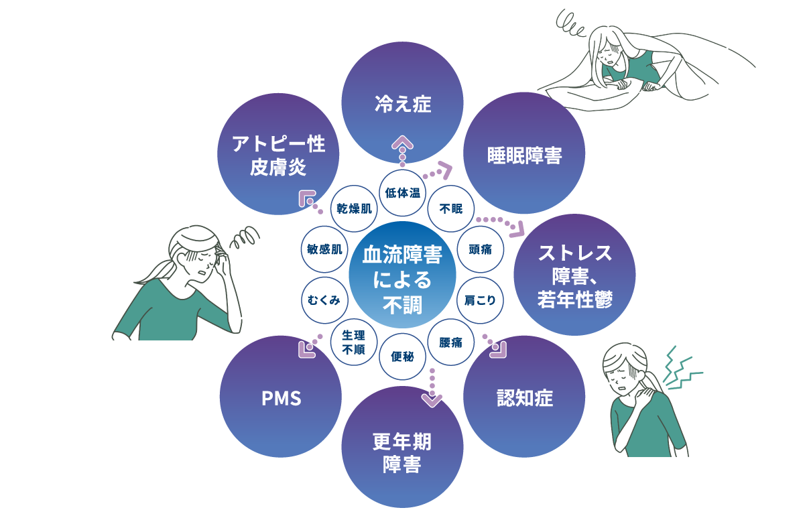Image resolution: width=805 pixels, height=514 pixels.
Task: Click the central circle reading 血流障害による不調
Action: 402,275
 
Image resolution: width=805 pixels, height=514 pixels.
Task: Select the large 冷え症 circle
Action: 402,104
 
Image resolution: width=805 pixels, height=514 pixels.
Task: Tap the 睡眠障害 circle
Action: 524,155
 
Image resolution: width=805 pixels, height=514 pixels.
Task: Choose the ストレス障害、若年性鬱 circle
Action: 574,275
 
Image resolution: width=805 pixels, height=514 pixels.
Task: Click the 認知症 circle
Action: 524,397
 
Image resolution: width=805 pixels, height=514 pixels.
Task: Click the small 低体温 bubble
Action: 402,193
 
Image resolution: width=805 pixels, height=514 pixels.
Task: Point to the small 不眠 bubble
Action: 450,208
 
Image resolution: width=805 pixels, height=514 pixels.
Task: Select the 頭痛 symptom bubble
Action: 480,249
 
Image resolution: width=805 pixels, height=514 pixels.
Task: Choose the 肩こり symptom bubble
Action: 480,300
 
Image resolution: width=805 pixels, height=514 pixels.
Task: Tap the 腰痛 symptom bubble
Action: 450,342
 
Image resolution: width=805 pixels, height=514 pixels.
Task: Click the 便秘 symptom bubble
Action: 402,357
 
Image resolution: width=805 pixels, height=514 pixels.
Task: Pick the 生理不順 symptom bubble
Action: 353,342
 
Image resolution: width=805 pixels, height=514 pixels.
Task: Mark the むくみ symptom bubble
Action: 324,300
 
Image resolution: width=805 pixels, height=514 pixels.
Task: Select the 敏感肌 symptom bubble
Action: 324,249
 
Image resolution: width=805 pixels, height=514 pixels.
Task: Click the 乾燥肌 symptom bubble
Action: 354,208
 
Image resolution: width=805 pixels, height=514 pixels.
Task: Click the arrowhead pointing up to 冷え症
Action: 402,142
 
